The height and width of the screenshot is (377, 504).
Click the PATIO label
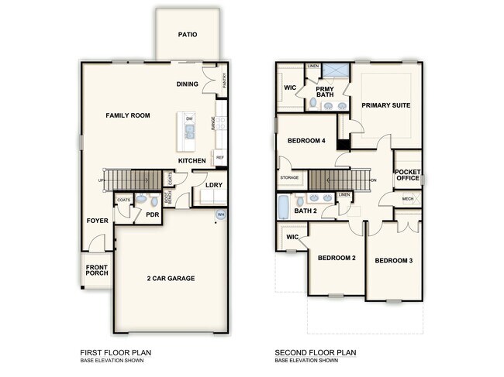click(x=187, y=35)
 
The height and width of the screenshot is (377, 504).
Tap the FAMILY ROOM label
click(x=128, y=115)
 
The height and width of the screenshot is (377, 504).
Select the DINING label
click(x=188, y=84)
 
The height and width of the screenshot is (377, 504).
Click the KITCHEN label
click(x=192, y=160)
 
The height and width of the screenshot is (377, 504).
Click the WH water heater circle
click(x=220, y=214)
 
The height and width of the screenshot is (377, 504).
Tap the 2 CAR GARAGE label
click(x=171, y=278)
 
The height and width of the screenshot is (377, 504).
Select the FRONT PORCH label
click(x=98, y=272)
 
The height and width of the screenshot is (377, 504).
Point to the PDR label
click(x=152, y=214)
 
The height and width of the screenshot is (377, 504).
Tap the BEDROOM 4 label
click(x=306, y=140)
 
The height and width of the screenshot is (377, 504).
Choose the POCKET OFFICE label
click(x=407, y=175)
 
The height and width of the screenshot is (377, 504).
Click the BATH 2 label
click(x=306, y=211)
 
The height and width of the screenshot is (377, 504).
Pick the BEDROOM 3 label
click(x=393, y=260)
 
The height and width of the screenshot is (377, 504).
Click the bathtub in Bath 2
click(x=282, y=207)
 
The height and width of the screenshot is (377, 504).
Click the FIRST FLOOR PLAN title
click(x=116, y=352)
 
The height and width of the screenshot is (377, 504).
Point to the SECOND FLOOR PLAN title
click(x=314, y=352)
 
